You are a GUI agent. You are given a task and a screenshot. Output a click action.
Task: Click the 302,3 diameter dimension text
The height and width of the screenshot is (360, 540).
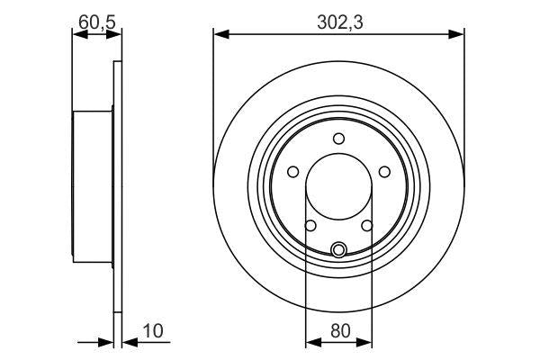(339, 23)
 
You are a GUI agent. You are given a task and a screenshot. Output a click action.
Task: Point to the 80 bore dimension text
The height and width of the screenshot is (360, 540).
(339, 331)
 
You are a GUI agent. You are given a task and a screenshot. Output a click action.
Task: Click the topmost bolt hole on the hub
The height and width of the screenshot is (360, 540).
(338, 139)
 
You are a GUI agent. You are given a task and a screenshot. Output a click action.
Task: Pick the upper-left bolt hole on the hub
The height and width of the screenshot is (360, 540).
(292, 172)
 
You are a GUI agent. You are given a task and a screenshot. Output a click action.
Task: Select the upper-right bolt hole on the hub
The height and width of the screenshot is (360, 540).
(384, 172)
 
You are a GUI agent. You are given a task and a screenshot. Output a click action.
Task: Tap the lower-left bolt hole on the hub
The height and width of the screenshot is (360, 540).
(310, 226)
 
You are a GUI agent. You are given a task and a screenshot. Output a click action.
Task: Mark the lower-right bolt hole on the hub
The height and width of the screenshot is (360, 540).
(367, 226)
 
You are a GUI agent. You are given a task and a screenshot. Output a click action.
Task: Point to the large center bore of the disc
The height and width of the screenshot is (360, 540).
(338, 194)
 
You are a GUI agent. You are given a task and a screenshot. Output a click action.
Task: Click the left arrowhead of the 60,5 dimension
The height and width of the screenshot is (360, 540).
(77, 34)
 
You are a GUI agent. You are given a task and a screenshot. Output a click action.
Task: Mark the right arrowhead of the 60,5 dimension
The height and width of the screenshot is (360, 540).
(114, 34)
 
